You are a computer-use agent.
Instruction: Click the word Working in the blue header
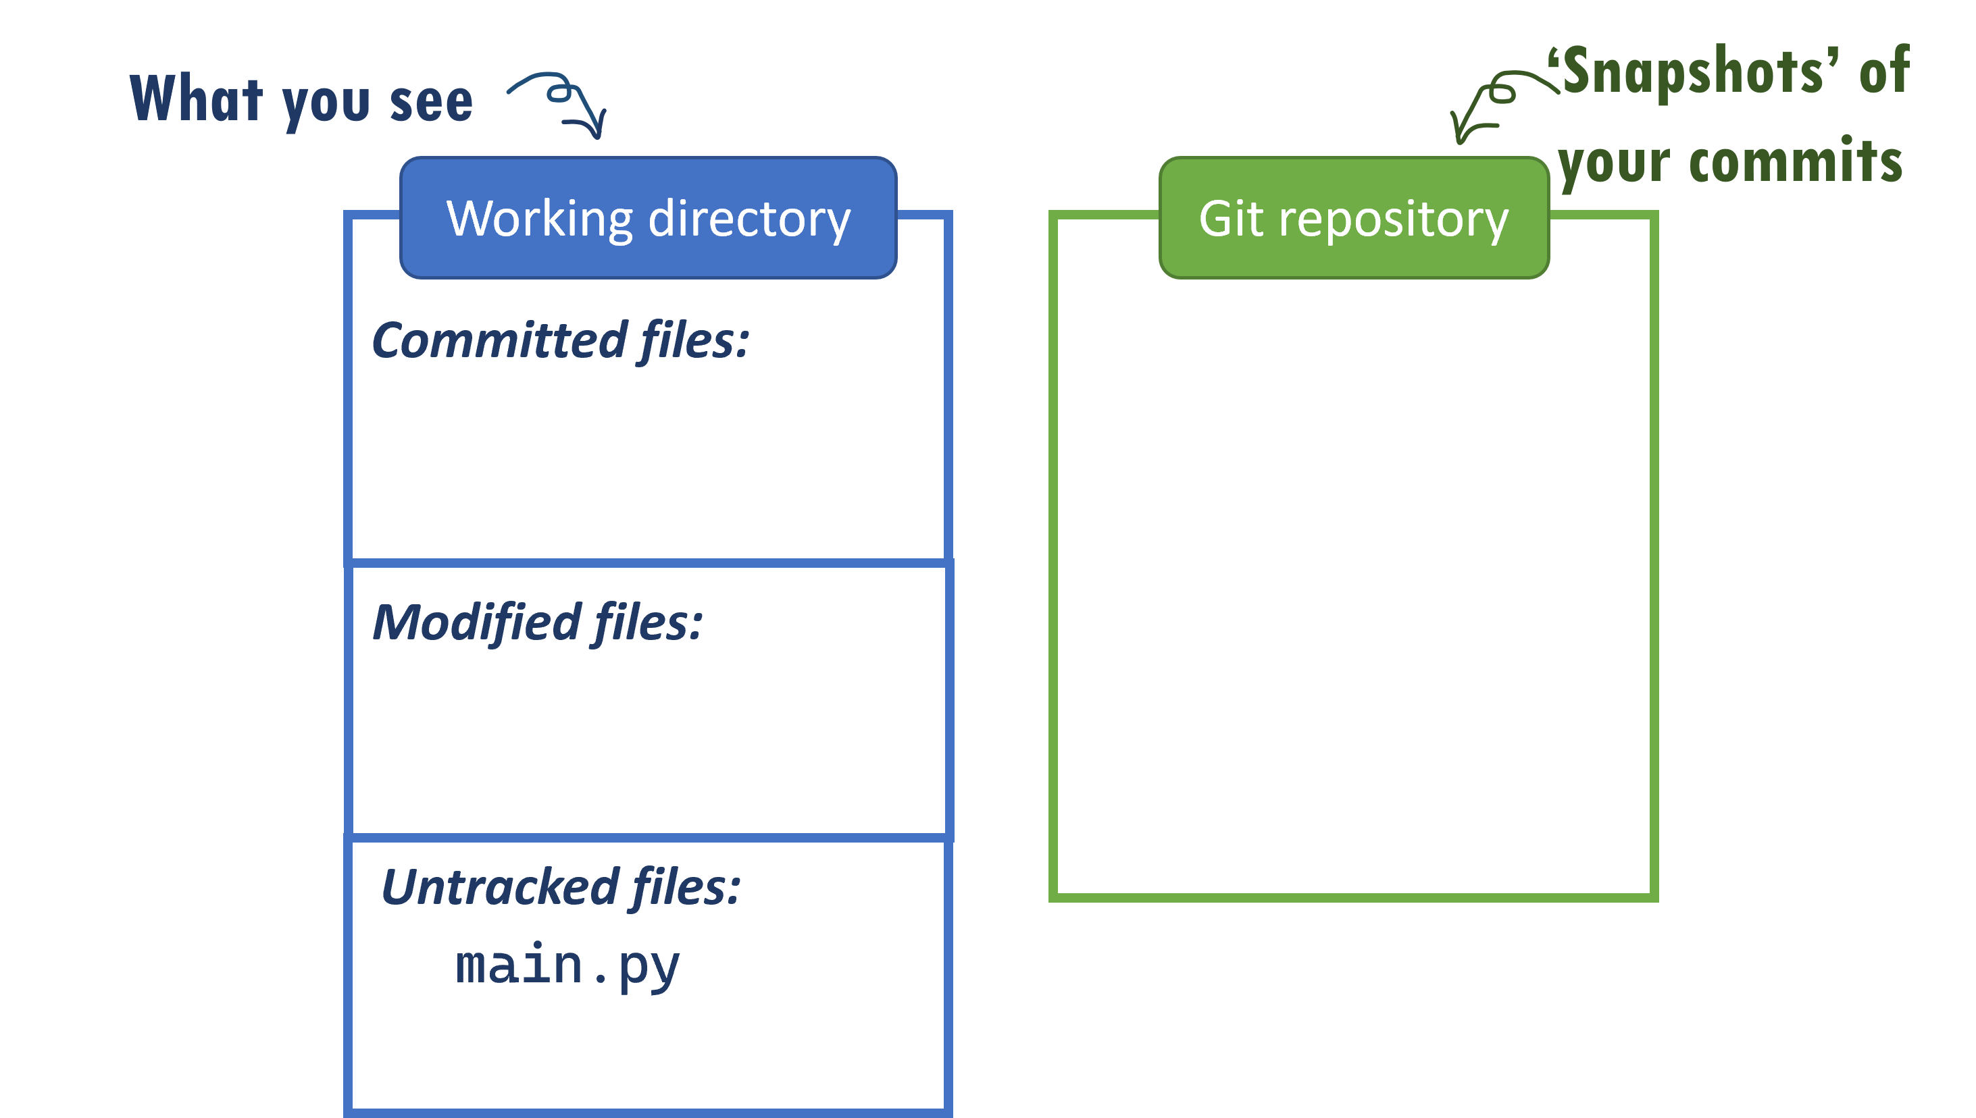540,219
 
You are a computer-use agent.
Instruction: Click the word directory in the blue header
749,219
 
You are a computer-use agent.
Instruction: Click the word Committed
499,341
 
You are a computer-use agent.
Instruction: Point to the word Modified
476,622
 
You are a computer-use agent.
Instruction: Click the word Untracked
500,888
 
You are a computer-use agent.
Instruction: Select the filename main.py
567,966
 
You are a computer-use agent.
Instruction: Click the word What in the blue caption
197,99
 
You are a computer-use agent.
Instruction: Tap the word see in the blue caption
431,102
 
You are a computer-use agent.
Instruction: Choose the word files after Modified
648,622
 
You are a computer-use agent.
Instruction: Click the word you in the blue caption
326,105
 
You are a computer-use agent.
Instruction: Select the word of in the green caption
1884,71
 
